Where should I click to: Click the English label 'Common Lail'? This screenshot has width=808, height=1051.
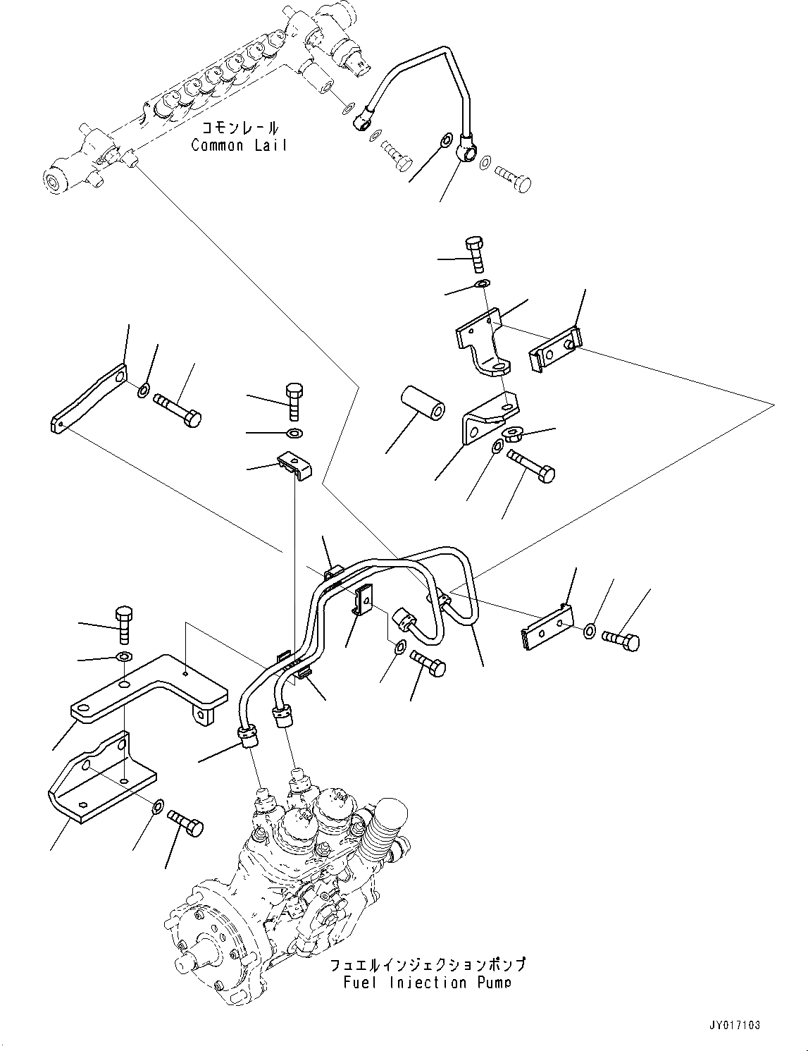click(x=239, y=146)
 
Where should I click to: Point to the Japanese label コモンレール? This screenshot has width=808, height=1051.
click(x=239, y=128)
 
